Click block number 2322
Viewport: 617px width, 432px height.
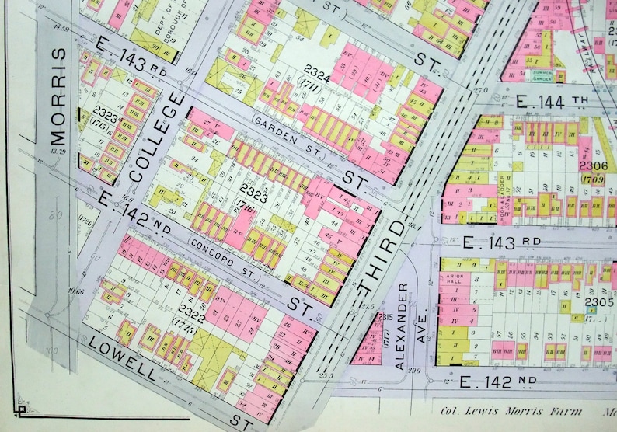(191, 309)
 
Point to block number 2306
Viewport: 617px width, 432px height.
(592, 165)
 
